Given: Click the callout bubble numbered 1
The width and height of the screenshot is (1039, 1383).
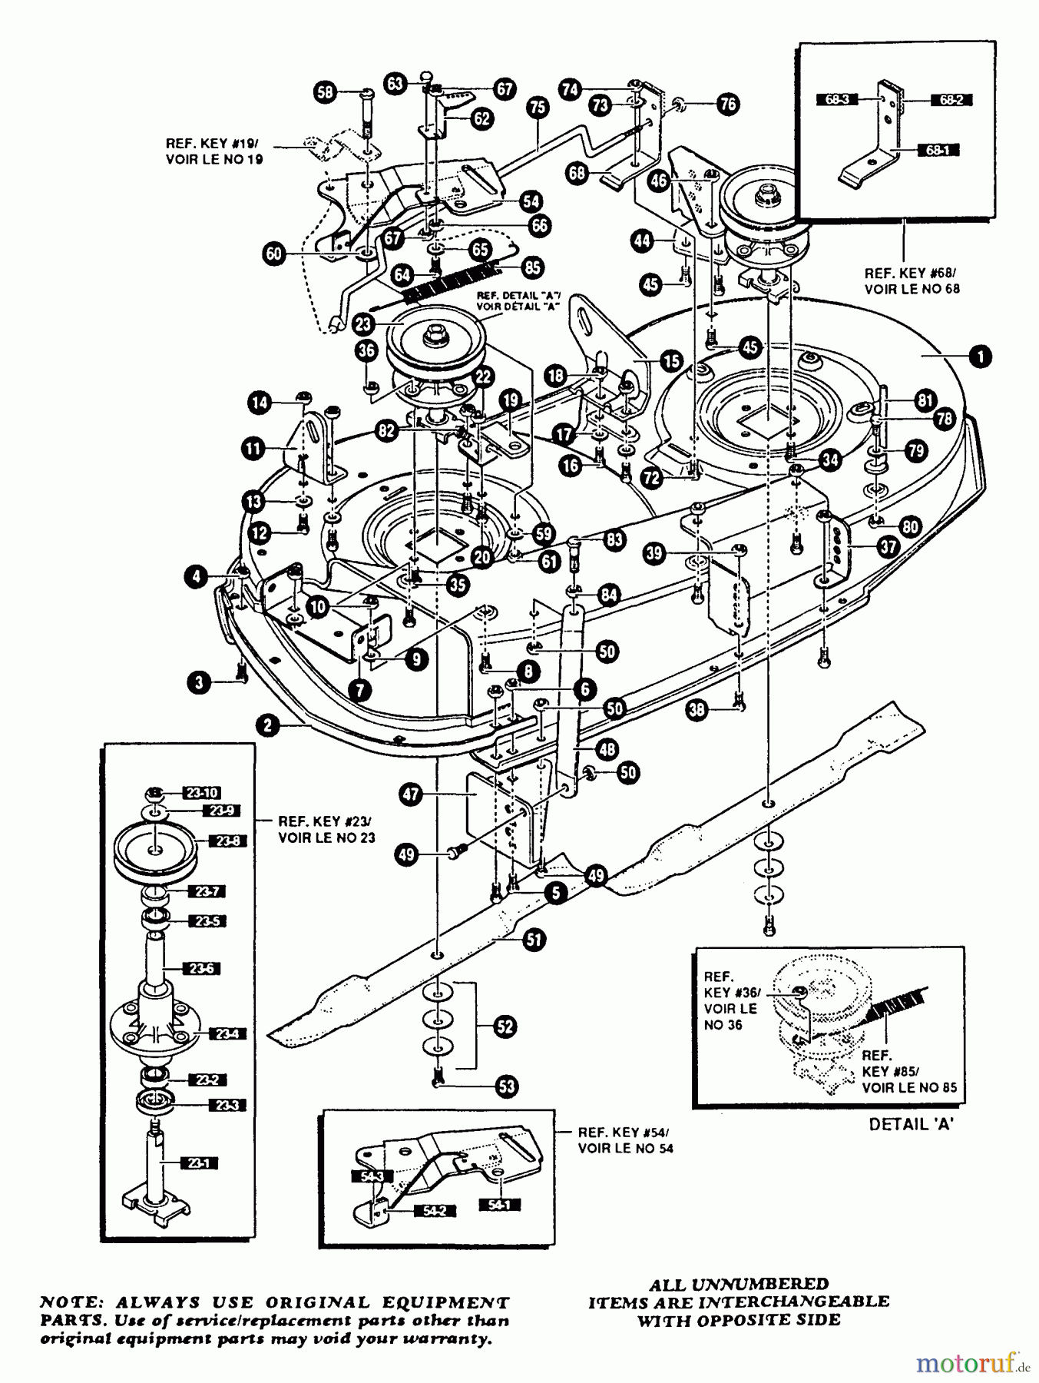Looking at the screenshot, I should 980,356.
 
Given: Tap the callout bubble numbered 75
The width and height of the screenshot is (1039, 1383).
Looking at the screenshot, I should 538,108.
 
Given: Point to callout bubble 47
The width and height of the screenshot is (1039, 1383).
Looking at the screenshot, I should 412,794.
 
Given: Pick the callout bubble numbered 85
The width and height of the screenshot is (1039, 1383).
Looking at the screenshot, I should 531,267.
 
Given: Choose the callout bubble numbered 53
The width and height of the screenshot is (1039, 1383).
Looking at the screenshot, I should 507,1086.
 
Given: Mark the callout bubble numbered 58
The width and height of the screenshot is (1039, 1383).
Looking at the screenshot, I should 326,93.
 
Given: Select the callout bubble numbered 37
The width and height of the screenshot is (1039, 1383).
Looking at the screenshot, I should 888,546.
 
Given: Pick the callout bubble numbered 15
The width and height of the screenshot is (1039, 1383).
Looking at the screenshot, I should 671,360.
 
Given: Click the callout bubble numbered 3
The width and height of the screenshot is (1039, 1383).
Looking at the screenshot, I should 200,682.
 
